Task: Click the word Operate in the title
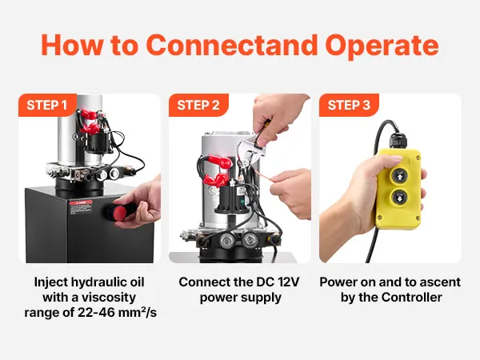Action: [382, 46]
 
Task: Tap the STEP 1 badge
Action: [47, 105]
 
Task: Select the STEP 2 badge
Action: [198, 105]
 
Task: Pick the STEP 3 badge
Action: [349, 105]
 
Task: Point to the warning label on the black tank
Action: [81, 207]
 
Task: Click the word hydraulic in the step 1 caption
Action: [95, 282]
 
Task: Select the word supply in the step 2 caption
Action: [263, 298]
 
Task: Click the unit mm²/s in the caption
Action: [139, 313]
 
